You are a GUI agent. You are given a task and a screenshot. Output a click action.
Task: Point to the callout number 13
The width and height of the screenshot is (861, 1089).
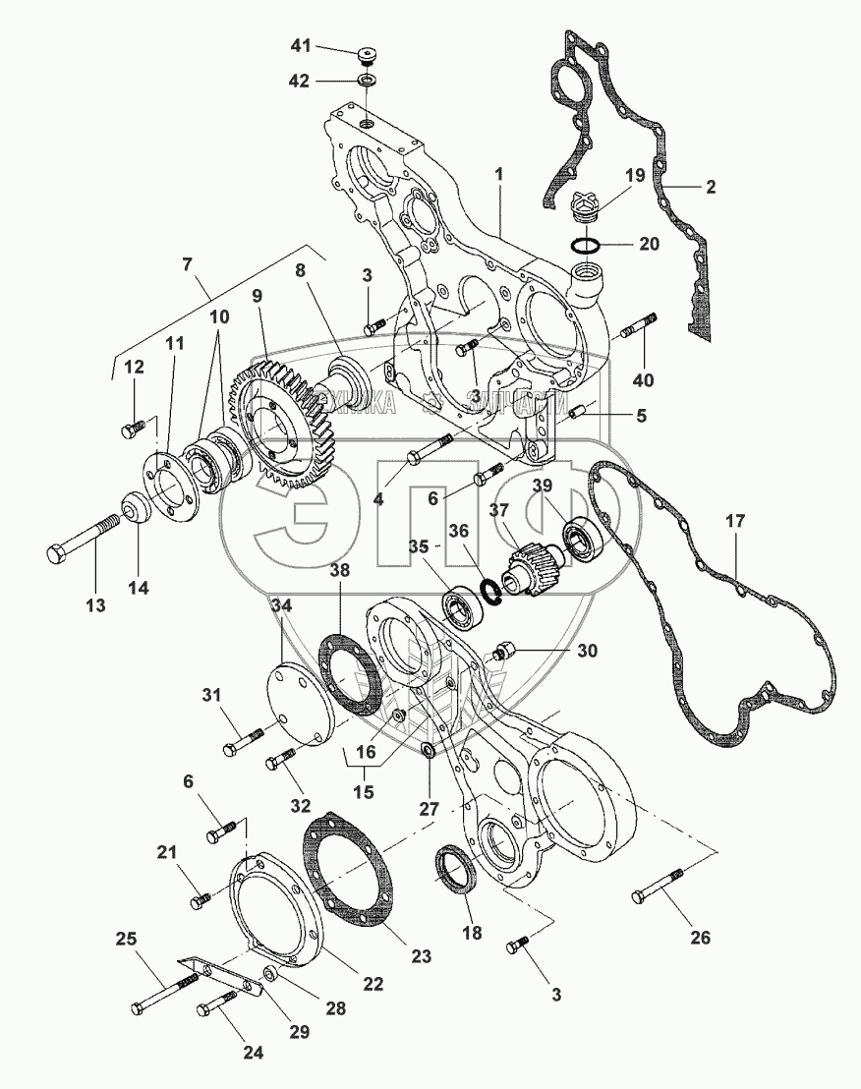(95, 605)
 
